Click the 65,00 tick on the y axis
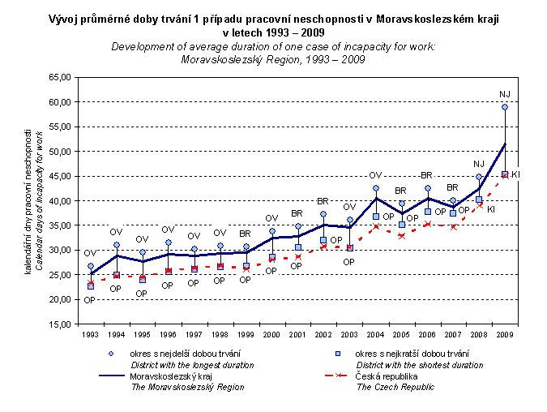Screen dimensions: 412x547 click(x=61, y=77)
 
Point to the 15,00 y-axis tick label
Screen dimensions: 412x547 click(x=61, y=324)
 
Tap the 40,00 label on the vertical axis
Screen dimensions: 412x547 click(x=61, y=200)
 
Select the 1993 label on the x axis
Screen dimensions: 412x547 click(x=91, y=333)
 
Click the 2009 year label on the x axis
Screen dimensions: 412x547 click(x=504, y=333)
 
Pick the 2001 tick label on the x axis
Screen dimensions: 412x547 click(x=297, y=333)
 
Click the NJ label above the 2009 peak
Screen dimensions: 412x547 click(x=504, y=94)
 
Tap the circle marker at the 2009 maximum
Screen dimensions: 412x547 click(x=504, y=107)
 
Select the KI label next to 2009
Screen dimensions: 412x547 click(x=515, y=174)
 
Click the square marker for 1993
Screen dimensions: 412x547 click(x=91, y=286)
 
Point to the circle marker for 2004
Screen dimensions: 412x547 click(x=375, y=188)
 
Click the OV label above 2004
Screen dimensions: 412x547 click(x=375, y=175)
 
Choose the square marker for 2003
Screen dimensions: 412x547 click(x=349, y=247)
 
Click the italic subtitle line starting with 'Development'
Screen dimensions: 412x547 click(x=273, y=47)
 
